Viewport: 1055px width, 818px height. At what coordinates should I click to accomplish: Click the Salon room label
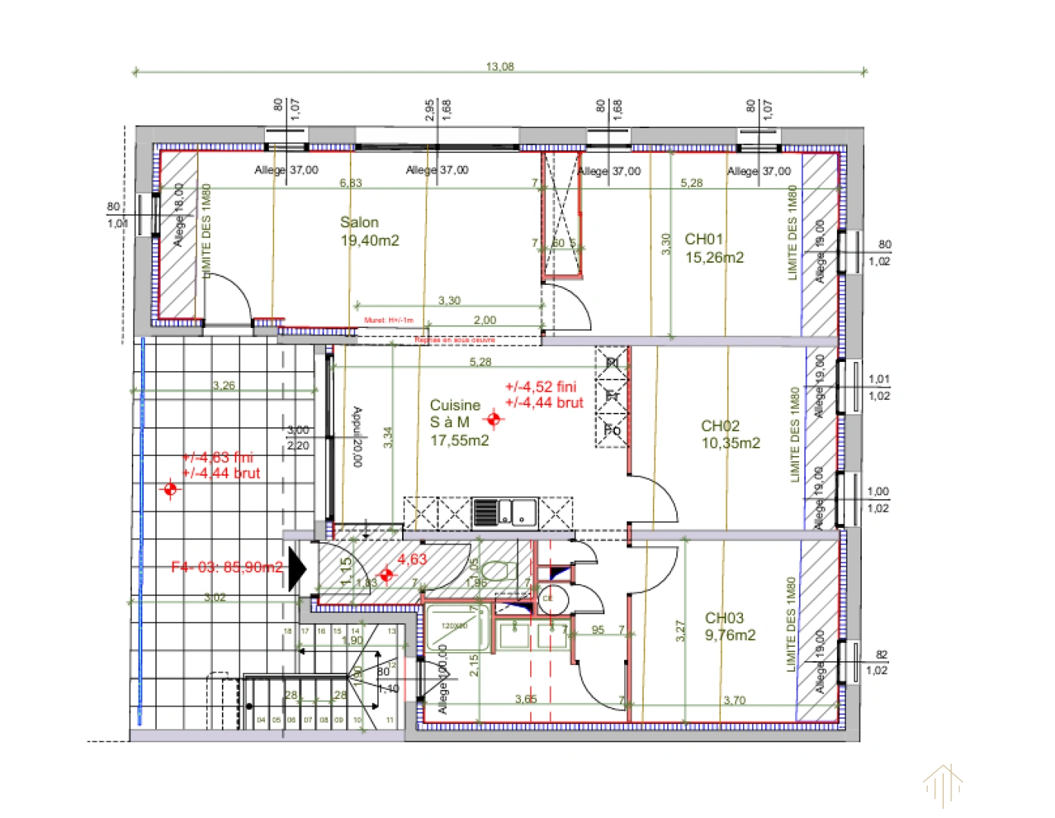[x=359, y=223]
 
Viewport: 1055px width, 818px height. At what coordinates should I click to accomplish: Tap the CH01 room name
[x=704, y=239]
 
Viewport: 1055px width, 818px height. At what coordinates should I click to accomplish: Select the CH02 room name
[x=720, y=426]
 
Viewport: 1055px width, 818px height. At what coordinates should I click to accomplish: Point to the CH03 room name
[x=724, y=618]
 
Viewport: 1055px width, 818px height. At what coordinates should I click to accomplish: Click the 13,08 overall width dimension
[x=500, y=67]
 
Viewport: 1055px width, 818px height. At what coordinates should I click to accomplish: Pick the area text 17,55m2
[x=460, y=440]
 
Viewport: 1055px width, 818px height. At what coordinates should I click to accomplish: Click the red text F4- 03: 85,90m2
[x=227, y=567]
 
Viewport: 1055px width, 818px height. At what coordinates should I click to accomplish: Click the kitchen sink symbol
[x=504, y=513]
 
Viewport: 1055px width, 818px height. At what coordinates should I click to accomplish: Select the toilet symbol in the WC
[x=497, y=570]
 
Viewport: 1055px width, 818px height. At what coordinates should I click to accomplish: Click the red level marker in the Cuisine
[x=495, y=418]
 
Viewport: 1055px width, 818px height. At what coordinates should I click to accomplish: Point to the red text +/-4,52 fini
[x=541, y=387]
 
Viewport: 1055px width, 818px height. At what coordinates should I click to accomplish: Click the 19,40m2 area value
[x=370, y=241]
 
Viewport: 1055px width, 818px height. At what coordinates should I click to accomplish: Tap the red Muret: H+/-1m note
[x=389, y=320]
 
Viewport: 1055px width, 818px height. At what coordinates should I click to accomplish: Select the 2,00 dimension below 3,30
[x=485, y=320]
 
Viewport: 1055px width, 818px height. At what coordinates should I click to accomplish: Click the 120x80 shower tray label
[x=454, y=626]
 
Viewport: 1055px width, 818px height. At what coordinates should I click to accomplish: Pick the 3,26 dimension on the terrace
[x=224, y=386]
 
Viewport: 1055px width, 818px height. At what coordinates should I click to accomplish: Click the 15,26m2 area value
[x=714, y=258]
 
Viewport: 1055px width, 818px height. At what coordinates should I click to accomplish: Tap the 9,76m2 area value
[x=730, y=635]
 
